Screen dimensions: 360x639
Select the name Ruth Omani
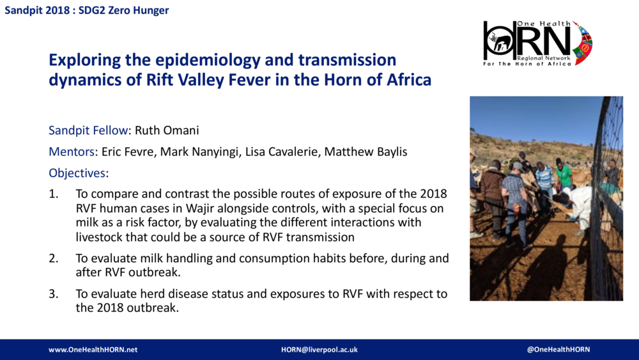coord(167,130)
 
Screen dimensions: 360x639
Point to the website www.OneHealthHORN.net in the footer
coord(93,350)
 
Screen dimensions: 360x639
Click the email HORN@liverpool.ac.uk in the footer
coord(319,350)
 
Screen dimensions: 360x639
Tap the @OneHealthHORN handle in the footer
coord(558,350)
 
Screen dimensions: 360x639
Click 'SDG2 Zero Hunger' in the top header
coord(124,11)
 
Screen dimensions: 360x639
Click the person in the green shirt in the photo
coord(563,176)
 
